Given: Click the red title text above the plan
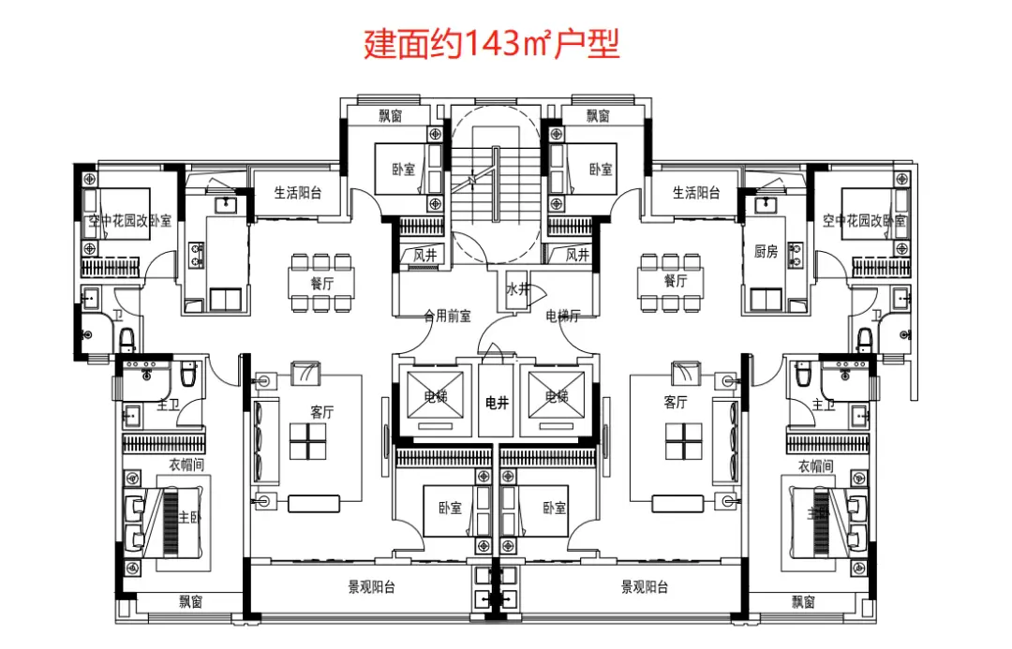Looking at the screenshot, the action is click(x=492, y=44).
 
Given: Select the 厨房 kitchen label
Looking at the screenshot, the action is click(x=766, y=251).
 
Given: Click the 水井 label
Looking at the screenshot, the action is click(x=517, y=288).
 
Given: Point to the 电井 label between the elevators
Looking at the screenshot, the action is click(x=496, y=403).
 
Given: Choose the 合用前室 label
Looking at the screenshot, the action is click(x=446, y=317).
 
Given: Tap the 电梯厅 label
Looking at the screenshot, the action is click(x=563, y=317).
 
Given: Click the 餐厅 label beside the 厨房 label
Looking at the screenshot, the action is click(x=676, y=281).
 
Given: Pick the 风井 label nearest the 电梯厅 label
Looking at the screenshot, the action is click(x=577, y=255).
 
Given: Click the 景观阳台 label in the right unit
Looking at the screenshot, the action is click(x=645, y=587).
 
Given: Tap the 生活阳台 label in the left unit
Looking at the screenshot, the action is click(x=298, y=193).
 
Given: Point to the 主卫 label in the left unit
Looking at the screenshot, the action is click(x=168, y=405).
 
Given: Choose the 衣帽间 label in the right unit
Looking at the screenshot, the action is click(x=815, y=465).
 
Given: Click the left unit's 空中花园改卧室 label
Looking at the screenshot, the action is click(x=130, y=221).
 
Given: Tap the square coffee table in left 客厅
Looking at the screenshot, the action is click(x=307, y=441).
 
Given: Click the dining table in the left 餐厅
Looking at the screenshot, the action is click(x=321, y=281).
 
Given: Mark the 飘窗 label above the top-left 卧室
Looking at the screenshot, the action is click(x=391, y=116).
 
